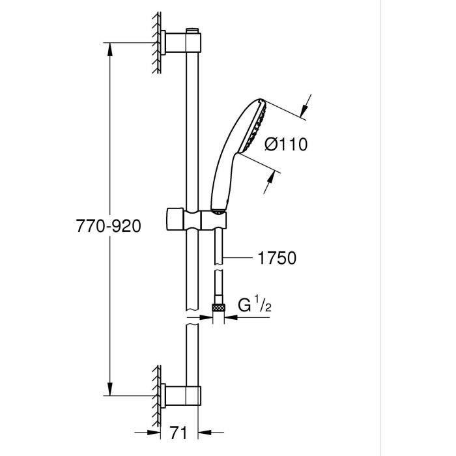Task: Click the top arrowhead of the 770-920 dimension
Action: [x=109, y=47]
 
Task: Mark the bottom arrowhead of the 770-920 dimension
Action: [x=109, y=391]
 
